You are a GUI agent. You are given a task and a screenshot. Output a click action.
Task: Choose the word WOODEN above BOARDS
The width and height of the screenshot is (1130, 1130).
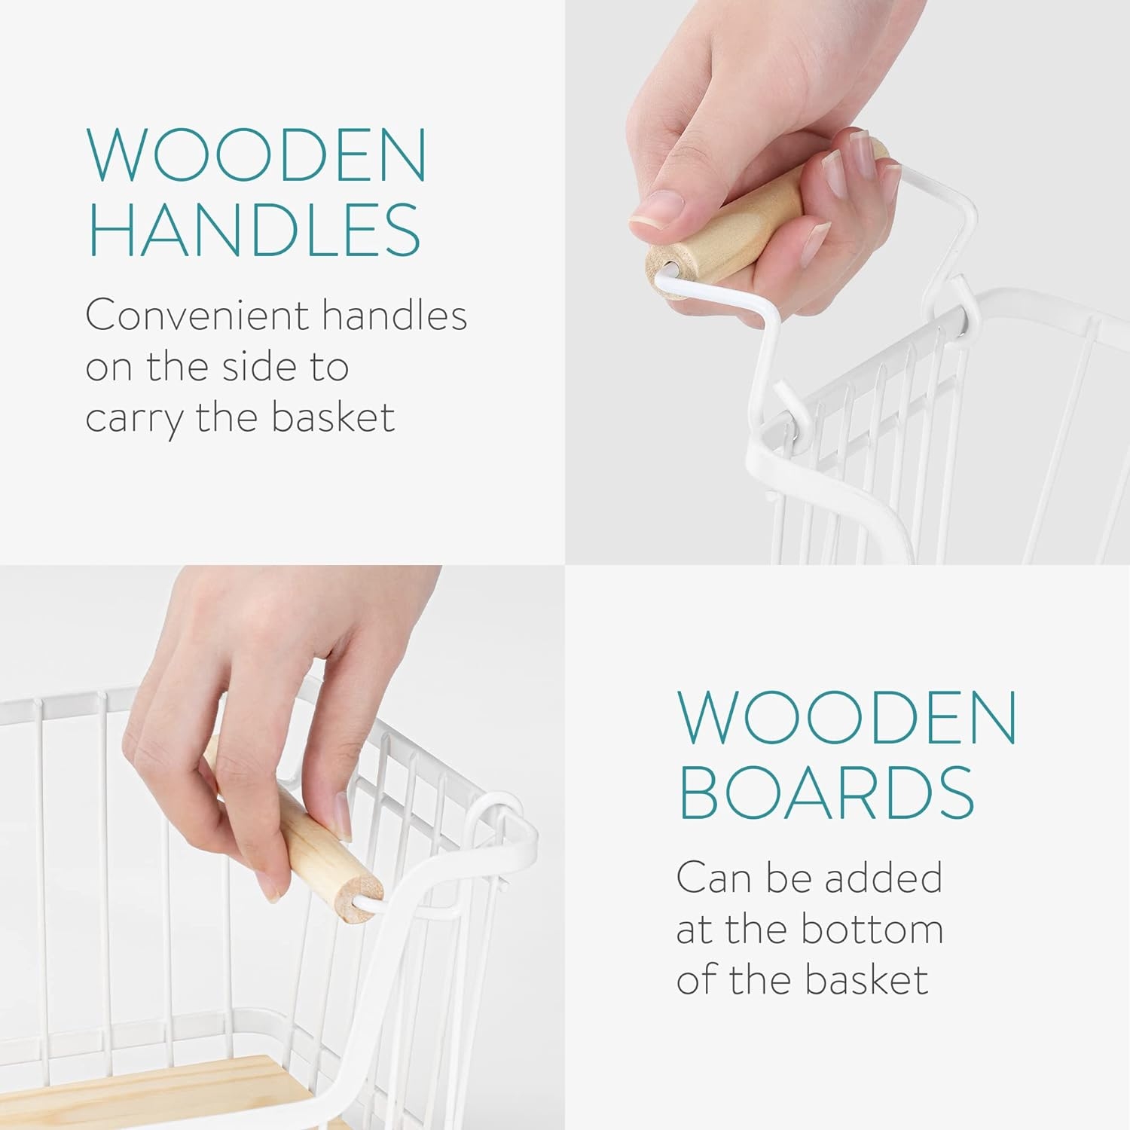[847, 717]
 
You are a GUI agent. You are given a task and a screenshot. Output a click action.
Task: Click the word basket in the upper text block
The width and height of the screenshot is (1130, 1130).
[333, 417]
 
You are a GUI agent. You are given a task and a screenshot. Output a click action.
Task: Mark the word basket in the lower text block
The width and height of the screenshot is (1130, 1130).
[866, 980]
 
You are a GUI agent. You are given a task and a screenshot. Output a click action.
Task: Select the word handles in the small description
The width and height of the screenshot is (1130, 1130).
[394, 315]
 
